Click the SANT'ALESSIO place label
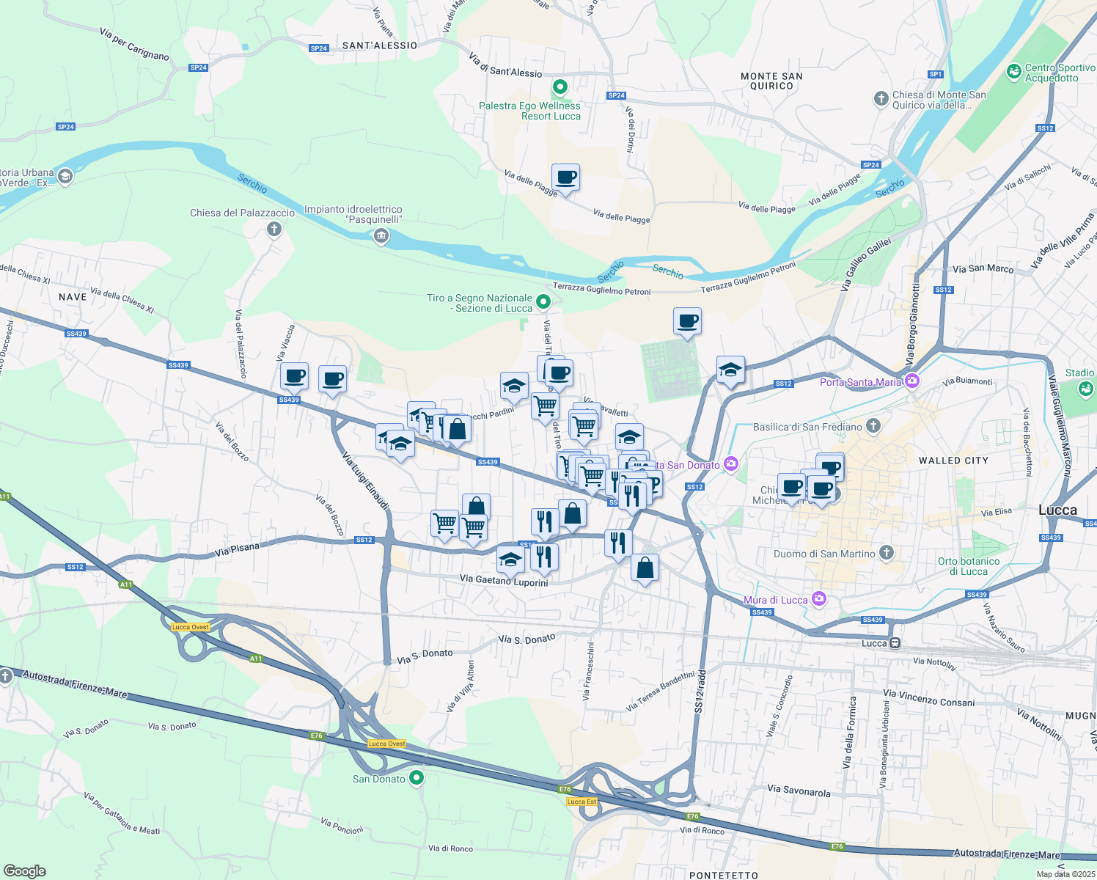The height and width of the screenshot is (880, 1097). click(x=379, y=45)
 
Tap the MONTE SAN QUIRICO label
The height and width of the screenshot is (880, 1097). click(x=771, y=81)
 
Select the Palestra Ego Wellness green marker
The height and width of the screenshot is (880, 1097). click(x=560, y=88)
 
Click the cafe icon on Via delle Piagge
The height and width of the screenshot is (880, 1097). click(x=565, y=177)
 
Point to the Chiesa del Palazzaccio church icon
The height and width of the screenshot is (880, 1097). click(x=274, y=230)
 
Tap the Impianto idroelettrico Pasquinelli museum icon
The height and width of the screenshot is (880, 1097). click(x=381, y=236)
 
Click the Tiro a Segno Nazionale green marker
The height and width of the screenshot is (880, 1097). click(x=543, y=301)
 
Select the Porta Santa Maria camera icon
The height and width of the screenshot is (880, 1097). click(x=912, y=380)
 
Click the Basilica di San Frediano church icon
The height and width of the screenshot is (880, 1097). click(x=873, y=425)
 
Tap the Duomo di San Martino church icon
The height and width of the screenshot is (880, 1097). click(x=887, y=552)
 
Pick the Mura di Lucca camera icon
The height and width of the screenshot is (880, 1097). click(x=819, y=599)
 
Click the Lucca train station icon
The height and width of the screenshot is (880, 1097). click(x=895, y=643)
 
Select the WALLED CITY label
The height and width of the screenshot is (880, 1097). click(x=953, y=461)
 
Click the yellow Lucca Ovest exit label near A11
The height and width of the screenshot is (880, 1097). click(x=191, y=627)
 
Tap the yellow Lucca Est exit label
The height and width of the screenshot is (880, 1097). click(x=581, y=802)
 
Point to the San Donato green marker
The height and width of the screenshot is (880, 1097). click(x=417, y=777)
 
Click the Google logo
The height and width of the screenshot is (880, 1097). click(x=24, y=870)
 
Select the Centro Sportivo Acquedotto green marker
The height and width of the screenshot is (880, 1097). click(x=1014, y=71)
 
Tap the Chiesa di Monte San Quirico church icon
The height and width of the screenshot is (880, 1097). click(x=881, y=98)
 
